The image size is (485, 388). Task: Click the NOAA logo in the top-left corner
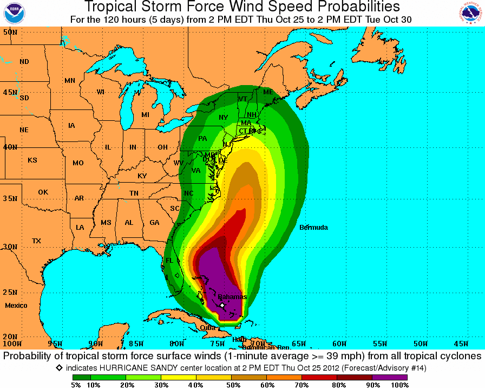pos(14,14)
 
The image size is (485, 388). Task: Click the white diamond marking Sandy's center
pos(222,305)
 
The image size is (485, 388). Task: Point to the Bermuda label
pos(313,228)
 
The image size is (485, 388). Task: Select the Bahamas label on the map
pos(232,297)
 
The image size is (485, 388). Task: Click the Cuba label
pos(207,327)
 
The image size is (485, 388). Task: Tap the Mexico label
pos(16,306)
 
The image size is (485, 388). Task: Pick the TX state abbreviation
pos(37,241)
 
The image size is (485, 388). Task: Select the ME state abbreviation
pos(268,92)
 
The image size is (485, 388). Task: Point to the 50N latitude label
pos(10,33)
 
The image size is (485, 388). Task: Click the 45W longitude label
pos(461,344)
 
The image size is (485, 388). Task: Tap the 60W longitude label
pos(339,344)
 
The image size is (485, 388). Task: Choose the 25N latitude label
pos(10,293)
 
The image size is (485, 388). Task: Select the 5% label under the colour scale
pos(76,385)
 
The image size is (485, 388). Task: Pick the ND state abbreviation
pos(24,62)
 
